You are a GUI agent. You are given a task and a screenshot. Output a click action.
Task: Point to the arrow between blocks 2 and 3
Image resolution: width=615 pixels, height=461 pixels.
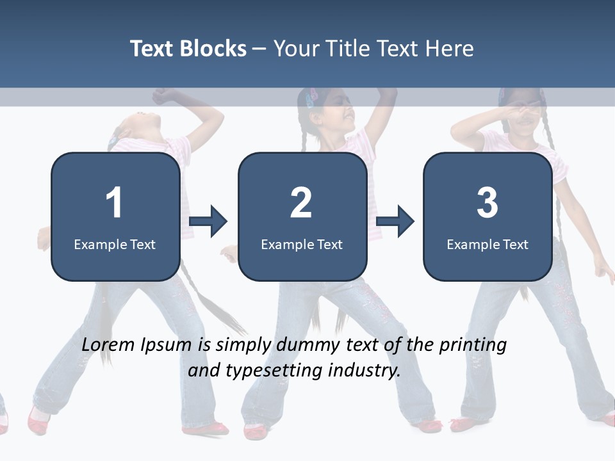pyautogui.click(x=395, y=222)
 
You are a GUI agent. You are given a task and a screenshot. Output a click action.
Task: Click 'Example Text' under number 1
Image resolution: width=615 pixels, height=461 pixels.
pyautogui.click(x=115, y=244)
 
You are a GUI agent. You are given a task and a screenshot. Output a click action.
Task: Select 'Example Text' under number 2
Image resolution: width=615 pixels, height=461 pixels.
pyautogui.click(x=302, y=244)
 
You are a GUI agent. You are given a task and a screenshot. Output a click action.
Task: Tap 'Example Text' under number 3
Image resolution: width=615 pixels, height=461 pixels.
pyautogui.click(x=488, y=244)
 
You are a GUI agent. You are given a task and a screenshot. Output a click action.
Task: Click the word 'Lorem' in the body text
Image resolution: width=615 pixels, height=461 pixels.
pyautogui.click(x=109, y=345)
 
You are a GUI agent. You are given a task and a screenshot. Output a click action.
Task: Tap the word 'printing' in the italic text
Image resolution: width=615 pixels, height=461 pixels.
pyautogui.click(x=473, y=345)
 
